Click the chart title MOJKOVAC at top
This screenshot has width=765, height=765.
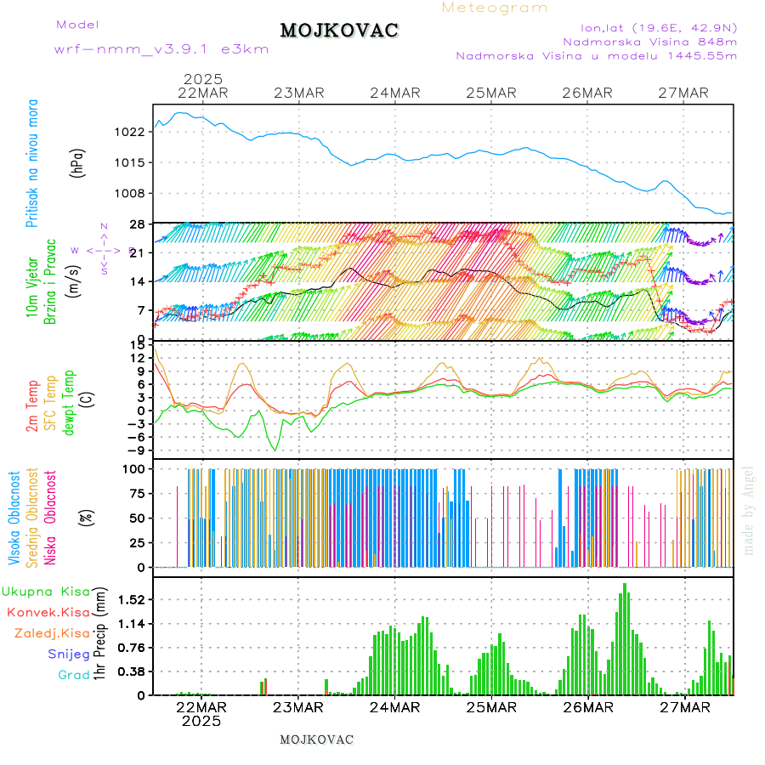[x=339, y=31]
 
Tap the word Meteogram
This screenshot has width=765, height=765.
[x=495, y=8]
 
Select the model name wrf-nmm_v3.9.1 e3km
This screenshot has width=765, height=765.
[x=161, y=49]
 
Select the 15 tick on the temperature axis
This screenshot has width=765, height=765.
[x=137, y=343]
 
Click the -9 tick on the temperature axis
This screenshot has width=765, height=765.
[x=135, y=450]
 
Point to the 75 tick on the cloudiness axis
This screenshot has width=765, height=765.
[x=136, y=493]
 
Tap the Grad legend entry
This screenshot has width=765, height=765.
[x=73, y=676]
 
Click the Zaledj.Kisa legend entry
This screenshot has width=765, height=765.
[x=52, y=633]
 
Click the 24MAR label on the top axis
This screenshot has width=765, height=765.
[x=395, y=93]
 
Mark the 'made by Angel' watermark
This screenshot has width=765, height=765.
[x=749, y=510]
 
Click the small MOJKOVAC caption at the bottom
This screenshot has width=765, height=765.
[x=316, y=739]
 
